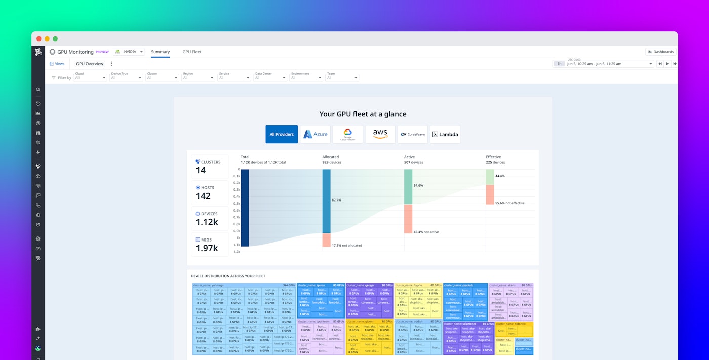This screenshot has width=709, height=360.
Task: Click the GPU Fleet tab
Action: point(191,52)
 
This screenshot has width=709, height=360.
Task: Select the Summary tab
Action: point(160,52)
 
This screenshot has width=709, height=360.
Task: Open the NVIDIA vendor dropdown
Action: point(129,52)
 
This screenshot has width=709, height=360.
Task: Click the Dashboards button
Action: point(660,52)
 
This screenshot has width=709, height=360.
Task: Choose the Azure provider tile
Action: point(315,134)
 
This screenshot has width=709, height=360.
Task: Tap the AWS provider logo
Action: point(380,134)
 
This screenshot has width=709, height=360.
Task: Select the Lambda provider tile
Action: point(445,134)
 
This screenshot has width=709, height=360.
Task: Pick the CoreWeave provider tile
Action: point(412,134)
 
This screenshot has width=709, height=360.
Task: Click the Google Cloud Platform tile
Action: point(347,134)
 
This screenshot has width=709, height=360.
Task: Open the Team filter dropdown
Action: point(342,78)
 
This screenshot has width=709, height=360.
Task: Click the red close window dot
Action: point(39,38)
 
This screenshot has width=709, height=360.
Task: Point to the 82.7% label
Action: point(336,200)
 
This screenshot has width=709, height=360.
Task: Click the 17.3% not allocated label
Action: point(347,246)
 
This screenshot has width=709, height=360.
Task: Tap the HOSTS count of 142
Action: point(203,196)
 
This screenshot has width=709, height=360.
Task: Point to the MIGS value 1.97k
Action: point(207,248)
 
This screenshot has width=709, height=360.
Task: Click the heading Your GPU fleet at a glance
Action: point(363,114)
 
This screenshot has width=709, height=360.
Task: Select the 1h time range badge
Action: point(559,64)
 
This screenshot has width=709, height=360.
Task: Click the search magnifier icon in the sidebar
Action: point(38,90)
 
